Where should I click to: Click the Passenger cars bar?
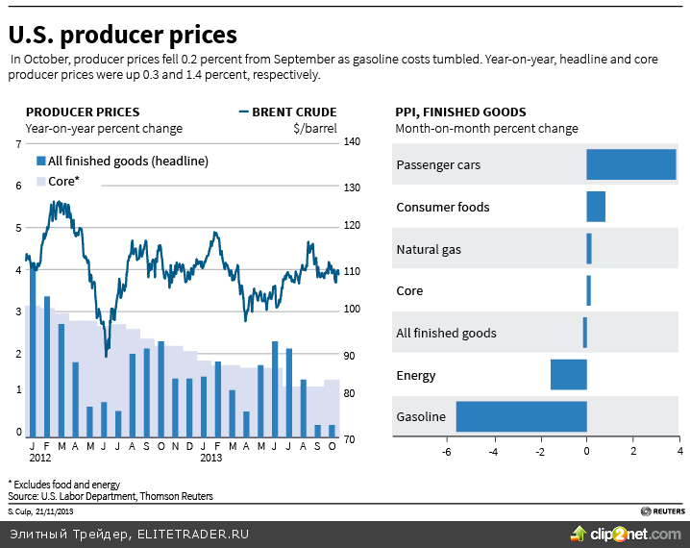630,164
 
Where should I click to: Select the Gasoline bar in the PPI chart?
521,416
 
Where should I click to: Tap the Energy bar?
568,375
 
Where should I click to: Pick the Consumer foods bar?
596,207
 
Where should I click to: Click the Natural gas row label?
429,249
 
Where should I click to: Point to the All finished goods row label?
446,333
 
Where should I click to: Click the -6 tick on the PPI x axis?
447,450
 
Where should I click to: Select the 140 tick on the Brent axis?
352,142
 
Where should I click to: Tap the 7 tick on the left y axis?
18,143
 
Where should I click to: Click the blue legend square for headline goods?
41,161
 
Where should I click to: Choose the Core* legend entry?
57,181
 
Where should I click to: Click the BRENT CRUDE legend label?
293,112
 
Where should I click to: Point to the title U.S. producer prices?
123,35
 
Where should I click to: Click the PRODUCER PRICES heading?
82,112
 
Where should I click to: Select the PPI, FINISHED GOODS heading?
460,112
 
